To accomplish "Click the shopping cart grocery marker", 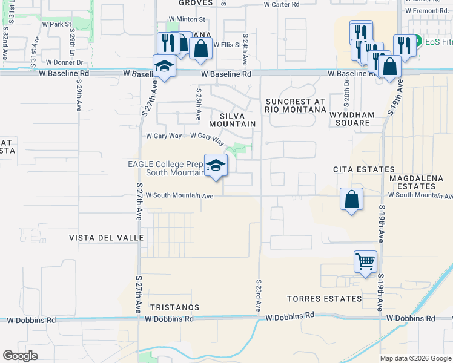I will click(x=365, y=261).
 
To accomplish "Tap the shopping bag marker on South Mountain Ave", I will click(x=351, y=199).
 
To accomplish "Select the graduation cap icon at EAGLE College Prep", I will click(x=216, y=165).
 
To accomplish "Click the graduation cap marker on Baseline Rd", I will click(x=164, y=66).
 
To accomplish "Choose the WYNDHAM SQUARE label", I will click(x=358, y=118).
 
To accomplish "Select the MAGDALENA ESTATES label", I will click(x=417, y=183).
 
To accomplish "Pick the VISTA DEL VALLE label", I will click(x=107, y=238).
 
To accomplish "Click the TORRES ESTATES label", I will click(x=325, y=299).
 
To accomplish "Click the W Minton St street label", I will click(x=187, y=19).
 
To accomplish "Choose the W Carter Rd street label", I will click(x=282, y=4).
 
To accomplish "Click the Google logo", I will click(x=21, y=356).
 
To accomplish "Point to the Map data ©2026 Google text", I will click(x=415, y=358).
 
